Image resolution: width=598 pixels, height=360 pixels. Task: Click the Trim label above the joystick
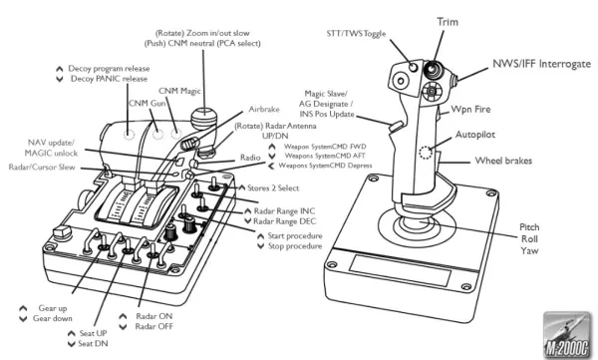pyautogui.click(x=448, y=22)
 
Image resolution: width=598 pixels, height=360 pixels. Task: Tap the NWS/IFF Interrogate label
pyautogui.click(x=541, y=64)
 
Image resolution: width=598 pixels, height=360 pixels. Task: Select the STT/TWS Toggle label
pyautogui.click(x=356, y=34)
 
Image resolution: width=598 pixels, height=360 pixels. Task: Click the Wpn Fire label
pyautogui.click(x=470, y=109)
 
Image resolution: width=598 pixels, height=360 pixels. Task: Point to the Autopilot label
pyautogui.click(x=475, y=135)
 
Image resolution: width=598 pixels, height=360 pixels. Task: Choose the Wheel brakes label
pyautogui.click(x=503, y=161)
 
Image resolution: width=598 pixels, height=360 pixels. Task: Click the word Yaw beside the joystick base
pyautogui.click(x=529, y=251)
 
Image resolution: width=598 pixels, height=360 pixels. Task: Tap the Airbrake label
pyautogui.click(x=264, y=109)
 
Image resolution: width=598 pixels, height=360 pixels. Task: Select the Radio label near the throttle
pyautogui.click(x=250, y=158)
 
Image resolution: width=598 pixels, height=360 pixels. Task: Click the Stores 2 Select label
pyautogui.click(x=273, y=187)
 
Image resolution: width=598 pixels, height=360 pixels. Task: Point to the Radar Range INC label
pyautogui.click(x=284, y=211)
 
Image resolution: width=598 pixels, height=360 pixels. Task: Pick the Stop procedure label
pyautogui.click(x=295, y=246)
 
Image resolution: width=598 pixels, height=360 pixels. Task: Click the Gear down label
pyautogui.click(x=52, y=318)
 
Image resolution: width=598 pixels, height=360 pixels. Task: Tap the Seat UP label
pyautogui.click(x=93, y=333)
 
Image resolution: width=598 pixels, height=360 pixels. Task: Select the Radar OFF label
pyautogui.click(x=154, y=327)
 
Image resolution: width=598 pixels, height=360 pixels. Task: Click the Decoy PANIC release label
pyautogui.click(x=109, y=79)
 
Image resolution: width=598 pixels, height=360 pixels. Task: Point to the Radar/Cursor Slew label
pyautogui.click(x=42, y=168)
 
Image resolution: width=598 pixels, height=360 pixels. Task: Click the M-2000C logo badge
pyautogui.click(x=566, y=335)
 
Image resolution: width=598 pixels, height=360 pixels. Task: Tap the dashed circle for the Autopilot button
pyautogui.click(x=426, y=153)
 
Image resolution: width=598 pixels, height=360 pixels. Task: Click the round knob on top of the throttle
pyautogui.click(x=203, y=117)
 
